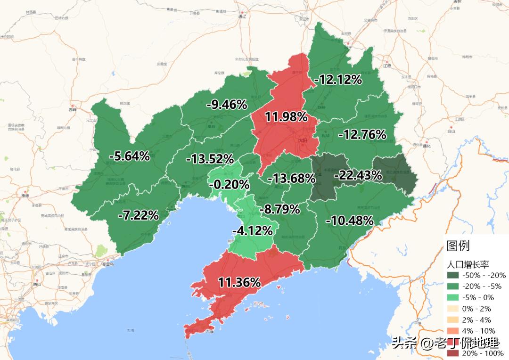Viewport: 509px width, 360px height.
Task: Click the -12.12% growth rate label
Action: [338, 80]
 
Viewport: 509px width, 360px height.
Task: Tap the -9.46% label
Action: [227, 105]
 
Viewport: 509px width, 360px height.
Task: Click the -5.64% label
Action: [129, 156]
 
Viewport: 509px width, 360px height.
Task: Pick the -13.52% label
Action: [210, 159]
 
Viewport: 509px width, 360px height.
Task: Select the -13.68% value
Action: [291, 178]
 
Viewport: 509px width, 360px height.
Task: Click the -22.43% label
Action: [358, 175]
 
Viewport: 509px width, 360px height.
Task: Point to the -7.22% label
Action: [138, 215]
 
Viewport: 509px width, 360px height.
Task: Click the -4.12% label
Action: [252, 231]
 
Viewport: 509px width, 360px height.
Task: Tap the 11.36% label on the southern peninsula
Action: [239, 282]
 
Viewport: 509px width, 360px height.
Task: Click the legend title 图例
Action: [458, 245]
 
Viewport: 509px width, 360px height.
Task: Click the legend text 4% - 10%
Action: [478, 331]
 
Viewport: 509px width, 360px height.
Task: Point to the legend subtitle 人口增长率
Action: [468, 264]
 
